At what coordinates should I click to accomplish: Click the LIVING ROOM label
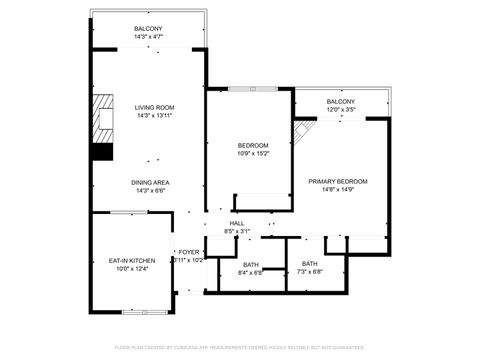pos(155,107)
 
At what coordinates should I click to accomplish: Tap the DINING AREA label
pos(149,182)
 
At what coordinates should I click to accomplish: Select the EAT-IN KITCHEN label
pos(132,261)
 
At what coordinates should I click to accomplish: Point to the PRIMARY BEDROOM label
pos(337,181)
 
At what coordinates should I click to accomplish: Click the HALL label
pos(237,223)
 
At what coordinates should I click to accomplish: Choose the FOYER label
pos(188,252)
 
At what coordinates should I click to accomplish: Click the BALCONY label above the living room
pos(148,28)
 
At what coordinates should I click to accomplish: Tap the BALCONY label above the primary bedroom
pos(340,101)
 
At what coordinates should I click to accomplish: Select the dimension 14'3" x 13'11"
pos(155,115)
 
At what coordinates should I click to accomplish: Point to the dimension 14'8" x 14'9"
pos(337,189)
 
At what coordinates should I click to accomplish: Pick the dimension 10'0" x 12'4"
pos(132,269)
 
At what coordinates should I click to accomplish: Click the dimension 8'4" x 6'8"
pos(249,272)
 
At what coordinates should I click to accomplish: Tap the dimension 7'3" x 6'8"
pos(310,272)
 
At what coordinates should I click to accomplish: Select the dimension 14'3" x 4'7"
pos(148,36)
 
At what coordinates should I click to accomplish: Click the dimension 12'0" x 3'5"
pos(340,109)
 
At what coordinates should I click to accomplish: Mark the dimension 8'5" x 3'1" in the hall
pos(237,231)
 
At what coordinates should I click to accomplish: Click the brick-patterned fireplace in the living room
pos(102,118)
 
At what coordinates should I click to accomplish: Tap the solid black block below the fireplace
pos(101,152)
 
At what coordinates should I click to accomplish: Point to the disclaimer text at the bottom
pos(239,347)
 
